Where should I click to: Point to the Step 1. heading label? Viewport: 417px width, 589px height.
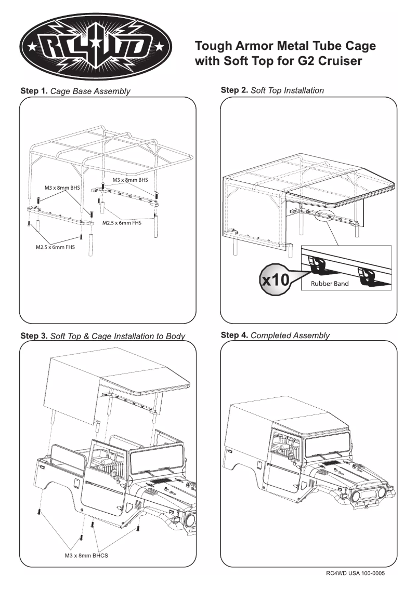(34, 91)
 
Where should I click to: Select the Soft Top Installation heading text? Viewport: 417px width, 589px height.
(287, 90)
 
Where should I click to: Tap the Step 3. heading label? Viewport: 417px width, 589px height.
(34, 336)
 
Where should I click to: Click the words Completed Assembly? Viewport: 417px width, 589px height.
(290, 336)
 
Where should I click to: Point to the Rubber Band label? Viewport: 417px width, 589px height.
(329, 284)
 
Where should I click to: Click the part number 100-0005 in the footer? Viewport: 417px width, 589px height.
(370, 573)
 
